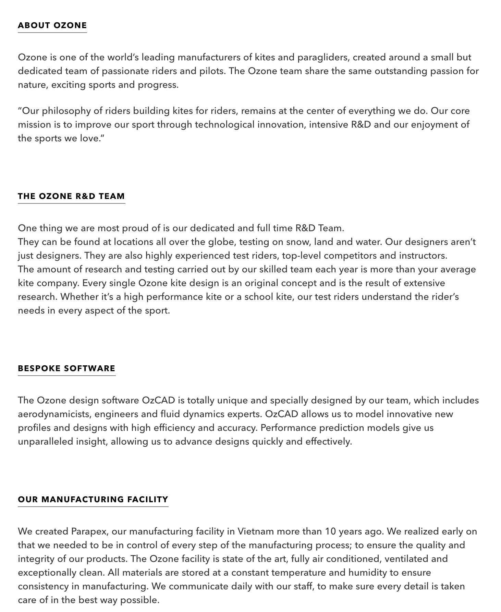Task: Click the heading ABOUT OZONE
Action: pyautogui.click(x=52, y=25)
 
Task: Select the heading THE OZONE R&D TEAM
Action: pyautogui.click(x=71, y=196)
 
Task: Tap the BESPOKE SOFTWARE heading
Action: pyautogui.click(x=66, y=368)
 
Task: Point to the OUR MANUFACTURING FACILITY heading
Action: pyautogui.click(x=93, y=499)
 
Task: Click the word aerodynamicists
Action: pyautogui.click(x=54, y=414)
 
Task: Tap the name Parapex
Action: pyautogui.click(x=90, y=531)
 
